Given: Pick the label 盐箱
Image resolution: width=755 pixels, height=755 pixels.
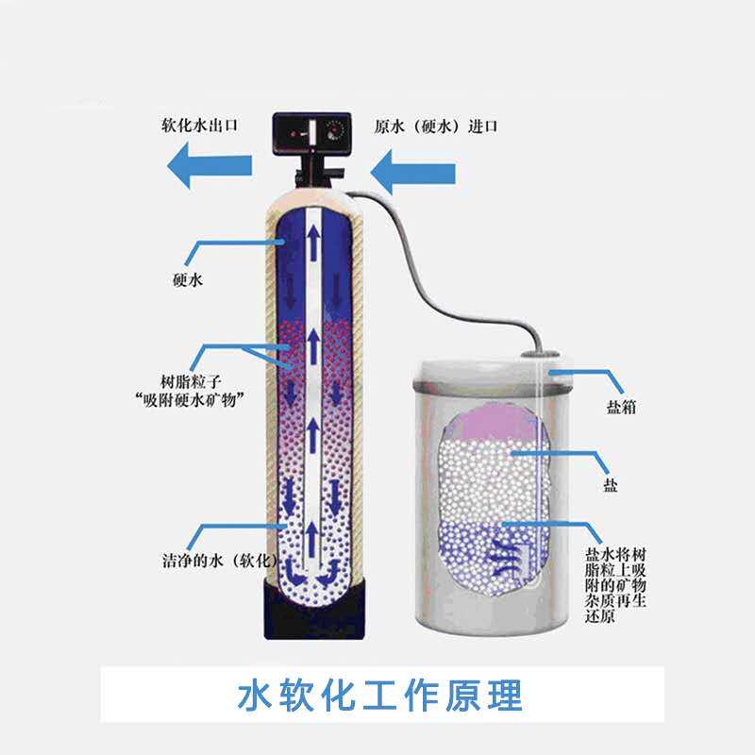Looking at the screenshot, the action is pyautogui.click(x=621, y=411).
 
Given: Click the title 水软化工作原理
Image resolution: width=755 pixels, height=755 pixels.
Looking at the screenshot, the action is pyautogui.click(x=377, y=696).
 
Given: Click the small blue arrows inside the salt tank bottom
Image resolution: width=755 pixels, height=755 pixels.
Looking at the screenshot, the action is pyautogui.click(x=505, y=554).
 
